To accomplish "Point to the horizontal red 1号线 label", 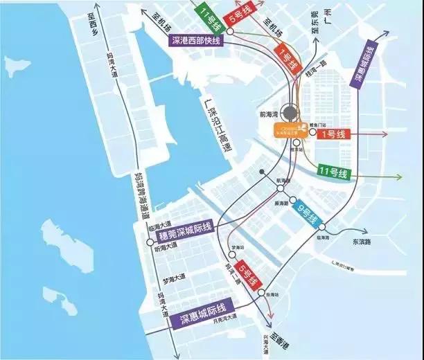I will pos(335,134).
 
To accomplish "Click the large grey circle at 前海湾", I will pos(291,114).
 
